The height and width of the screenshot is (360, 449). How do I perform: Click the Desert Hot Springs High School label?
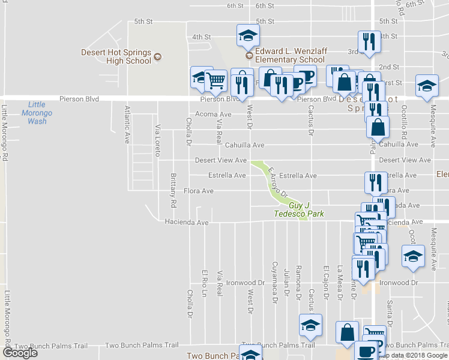(x=116, y=56)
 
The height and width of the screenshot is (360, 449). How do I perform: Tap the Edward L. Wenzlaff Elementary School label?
(x=291, y=56)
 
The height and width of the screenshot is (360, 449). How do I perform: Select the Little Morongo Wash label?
(x=37, y=112)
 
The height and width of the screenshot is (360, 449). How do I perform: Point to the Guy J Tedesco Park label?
(x=298, y=209)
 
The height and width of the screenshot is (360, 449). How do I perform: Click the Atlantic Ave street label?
(x=127, y=125)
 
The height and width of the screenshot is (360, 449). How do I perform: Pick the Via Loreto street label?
(x=158, y=140)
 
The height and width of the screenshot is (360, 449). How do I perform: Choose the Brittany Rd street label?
(x=173, y=190)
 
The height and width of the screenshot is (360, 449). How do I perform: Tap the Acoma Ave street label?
(x=213, y=114)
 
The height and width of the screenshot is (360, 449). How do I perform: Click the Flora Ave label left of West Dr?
(x=198, y=191)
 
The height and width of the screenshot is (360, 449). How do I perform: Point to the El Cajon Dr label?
(x=327, y=282)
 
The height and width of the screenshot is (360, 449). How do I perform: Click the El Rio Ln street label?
(x=205, y=282)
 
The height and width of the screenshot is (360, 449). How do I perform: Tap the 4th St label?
(x=201, y=37)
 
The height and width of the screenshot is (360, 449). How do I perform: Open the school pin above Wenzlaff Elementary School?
(x=247, y=35)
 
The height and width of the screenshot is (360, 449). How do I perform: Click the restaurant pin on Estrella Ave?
(x=375, y=181)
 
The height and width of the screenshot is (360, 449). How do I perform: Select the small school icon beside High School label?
(x=157, y=56)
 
